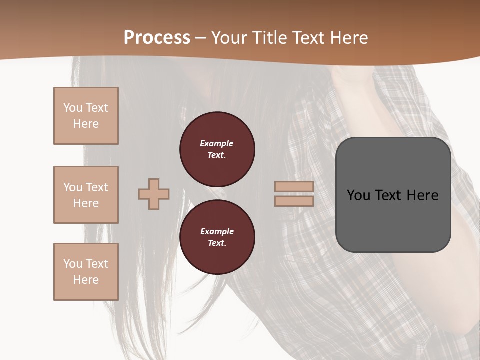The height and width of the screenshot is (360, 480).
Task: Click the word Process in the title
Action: (157, 38)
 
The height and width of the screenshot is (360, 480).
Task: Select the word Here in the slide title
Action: (348, 38)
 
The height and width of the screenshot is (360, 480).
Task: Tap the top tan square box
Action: (86, 116)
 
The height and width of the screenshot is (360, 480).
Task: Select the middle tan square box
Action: (86, 195)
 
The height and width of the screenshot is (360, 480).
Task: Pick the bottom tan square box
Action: (86, 272)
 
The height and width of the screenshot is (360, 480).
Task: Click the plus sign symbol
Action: (154, 194)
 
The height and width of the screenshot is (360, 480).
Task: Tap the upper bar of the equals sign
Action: (294, 186)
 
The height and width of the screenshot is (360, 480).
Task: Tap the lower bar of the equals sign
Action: (294, 201)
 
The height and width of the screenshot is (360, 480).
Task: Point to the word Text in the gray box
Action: (389, 195)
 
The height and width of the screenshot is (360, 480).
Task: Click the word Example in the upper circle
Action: (217, 143)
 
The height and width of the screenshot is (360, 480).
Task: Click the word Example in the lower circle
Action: (217, 231)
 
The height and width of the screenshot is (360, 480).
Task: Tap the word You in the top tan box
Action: (73, 108)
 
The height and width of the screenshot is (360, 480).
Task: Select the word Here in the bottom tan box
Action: (86, 280)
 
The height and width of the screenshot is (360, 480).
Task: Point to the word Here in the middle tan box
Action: (86, 203)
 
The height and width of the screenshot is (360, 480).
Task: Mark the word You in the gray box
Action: (358, 195)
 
